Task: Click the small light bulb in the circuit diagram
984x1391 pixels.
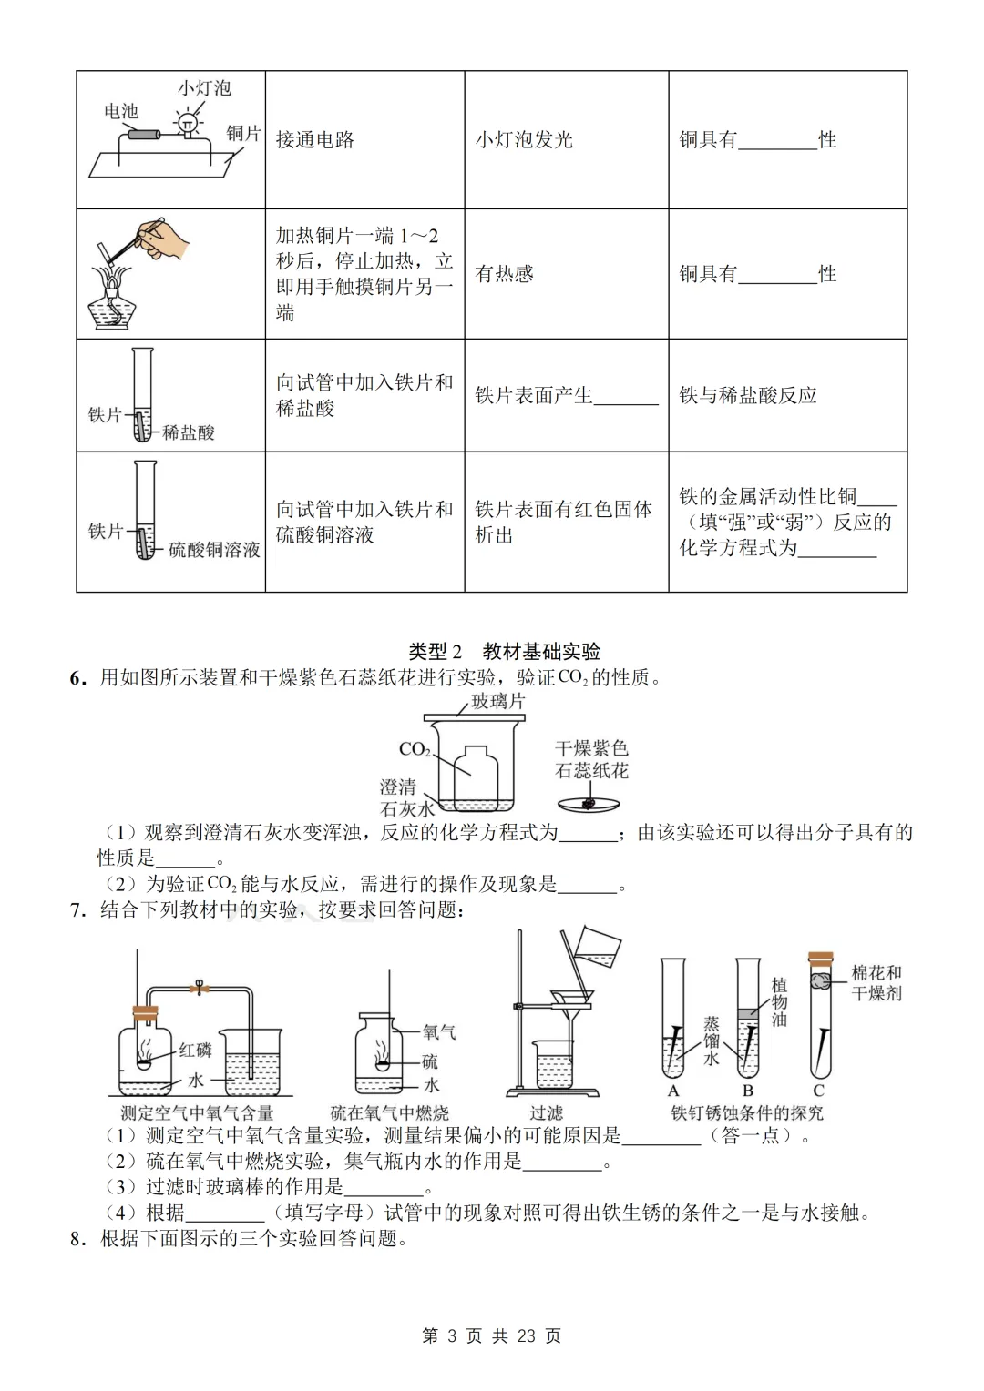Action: point(188,123)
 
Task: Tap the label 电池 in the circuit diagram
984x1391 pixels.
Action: point(121,111)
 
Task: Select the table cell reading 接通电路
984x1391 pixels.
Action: point(315,140)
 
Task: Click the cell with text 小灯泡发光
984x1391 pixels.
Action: point(524,140)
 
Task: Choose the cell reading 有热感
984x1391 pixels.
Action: point(504,274)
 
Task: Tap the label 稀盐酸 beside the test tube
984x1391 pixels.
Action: point(189,432)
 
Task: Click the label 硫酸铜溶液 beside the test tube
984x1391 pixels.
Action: point(214,550)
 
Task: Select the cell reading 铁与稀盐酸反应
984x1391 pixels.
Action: point(748,395)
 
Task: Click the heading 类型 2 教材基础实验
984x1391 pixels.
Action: point(505,651)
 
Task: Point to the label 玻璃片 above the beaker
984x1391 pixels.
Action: point(497,701)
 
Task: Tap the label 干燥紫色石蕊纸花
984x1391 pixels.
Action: point(591,759)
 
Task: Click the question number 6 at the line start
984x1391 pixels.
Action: point(77,677)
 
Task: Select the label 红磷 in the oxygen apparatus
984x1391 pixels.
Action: point(195,1050)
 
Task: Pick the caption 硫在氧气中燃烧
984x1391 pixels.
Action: point(389,1112)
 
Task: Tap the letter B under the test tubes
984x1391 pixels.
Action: point(747,1091)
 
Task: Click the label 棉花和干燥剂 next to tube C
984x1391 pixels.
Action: point(876,982)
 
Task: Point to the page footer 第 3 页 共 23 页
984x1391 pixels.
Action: point(492,1335)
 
